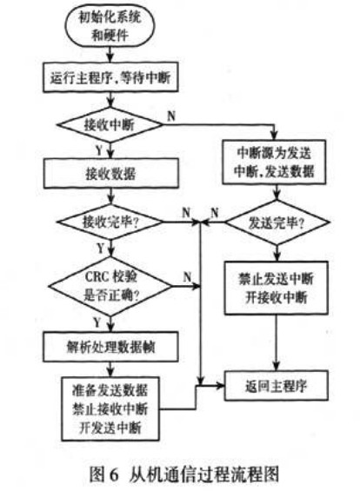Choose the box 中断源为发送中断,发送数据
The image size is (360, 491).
pos(273,163)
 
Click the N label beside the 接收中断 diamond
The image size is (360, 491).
pos(170,115)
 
